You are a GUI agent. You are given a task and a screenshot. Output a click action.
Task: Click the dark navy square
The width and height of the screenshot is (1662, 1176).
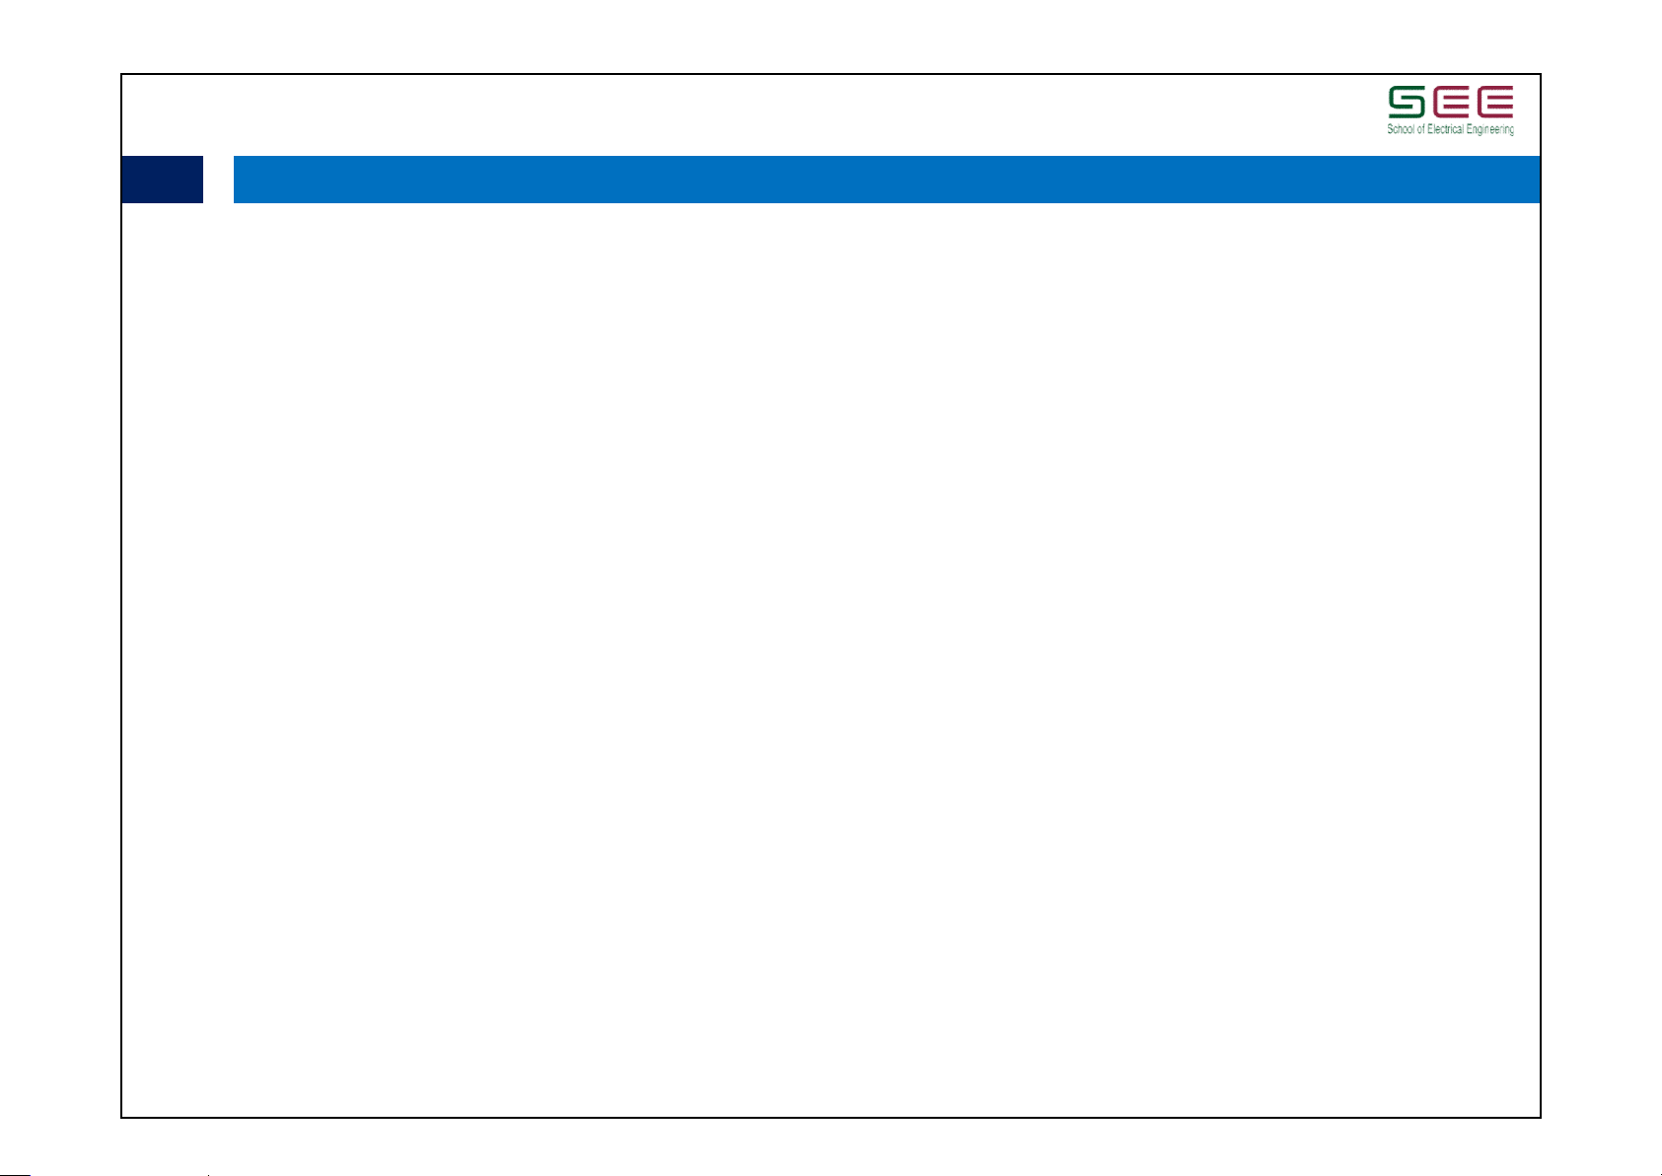tap(162, 180)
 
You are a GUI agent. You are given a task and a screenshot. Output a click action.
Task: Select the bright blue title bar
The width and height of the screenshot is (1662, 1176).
tap(886, 180)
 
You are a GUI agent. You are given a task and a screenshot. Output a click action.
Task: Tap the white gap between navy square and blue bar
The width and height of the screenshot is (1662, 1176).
tap(218, 180)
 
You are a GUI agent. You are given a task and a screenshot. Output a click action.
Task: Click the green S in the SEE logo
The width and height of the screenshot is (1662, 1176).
tap(1406, 102)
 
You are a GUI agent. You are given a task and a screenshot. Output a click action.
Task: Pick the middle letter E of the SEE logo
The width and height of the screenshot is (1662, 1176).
tap(1450, 102)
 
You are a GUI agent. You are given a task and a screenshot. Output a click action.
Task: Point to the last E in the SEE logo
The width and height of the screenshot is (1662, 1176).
tap(1494, 102)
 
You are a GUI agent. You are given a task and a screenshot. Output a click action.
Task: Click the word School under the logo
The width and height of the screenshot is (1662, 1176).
tap(1401, 129)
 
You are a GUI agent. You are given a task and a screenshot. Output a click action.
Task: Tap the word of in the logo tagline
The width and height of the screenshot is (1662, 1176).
tap(1420, 129)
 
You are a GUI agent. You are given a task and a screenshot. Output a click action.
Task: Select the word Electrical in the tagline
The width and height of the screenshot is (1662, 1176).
tap(1445, 129)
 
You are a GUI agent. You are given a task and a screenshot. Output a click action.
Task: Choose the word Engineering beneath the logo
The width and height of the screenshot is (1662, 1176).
tap(1489, 130)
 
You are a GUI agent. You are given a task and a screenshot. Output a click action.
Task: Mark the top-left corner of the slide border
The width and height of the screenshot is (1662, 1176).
tap(121, 75)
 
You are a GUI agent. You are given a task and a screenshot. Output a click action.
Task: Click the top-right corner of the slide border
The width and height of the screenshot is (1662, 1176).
tap(1540, 75)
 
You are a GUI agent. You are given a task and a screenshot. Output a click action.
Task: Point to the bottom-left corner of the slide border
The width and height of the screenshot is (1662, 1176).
tap(121, 1117)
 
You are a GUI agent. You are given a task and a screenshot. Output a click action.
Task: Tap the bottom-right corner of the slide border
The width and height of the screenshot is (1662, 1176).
tap(1540, 1117)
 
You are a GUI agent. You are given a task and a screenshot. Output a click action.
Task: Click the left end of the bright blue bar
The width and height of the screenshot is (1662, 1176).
tap(236, 180)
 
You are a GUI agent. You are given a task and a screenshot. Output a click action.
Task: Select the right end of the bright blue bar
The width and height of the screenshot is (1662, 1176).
tap(1537, 180)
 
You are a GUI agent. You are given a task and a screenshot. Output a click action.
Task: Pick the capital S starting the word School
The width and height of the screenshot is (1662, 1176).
tap(1390, 129)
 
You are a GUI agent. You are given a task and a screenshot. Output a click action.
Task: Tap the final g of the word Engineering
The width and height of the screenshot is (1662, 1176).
tap(1511, 131)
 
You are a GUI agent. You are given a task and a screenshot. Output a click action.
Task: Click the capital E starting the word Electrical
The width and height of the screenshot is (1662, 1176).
tap(1430, 129)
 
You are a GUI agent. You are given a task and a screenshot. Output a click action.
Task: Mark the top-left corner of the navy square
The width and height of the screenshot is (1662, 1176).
tap(122, 157)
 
